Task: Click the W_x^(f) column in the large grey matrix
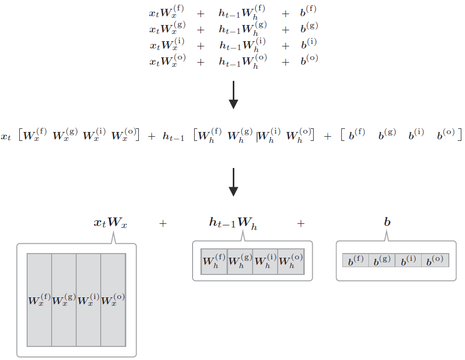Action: pos(39,300)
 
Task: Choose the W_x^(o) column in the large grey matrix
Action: pos(113,300)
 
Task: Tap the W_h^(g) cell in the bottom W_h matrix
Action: pos(240,261)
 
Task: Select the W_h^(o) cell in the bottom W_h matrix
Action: pos(291,261)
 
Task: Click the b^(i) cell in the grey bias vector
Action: pos(408,260)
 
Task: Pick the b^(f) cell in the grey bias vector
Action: pos(355,260)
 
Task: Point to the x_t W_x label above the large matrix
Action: pos(111,223)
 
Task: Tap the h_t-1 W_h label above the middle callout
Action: pos(233,223)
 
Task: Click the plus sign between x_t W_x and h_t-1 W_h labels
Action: pos(163,223)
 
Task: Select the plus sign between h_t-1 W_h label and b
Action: pos(301,223)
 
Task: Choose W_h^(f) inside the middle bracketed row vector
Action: pos(211,136)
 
